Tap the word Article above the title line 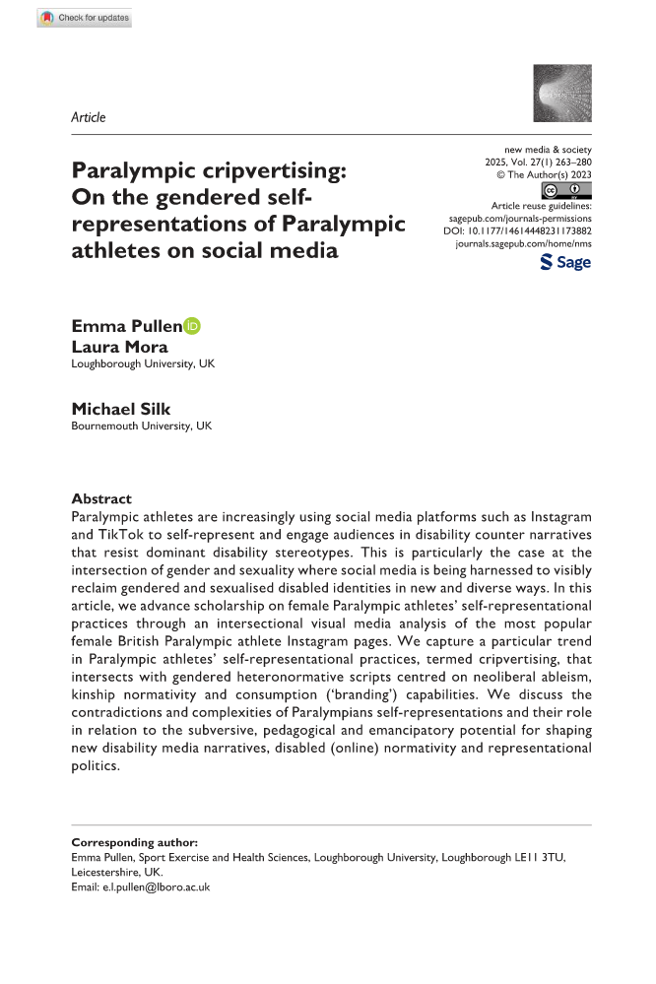(x=89, y=117)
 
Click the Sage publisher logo (x=565, y=262)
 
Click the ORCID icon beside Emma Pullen (x=192, y=326)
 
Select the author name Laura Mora (x=119, y=347)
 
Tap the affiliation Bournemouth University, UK (x=141, y=426)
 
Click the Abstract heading (x=101, y=498)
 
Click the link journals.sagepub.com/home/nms (x=522, y=242)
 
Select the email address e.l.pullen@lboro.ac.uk (x=155, y=886)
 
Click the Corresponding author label (x=134, y=843)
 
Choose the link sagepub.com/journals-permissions (x=519, y=216)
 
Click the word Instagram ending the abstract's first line (x=557, y=517)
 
